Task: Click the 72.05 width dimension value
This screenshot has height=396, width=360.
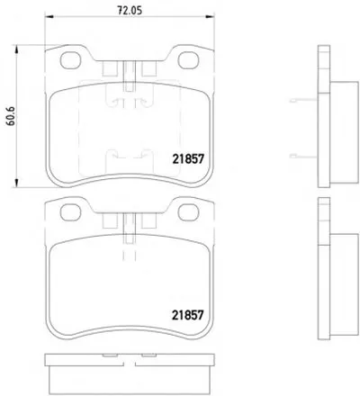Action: pyautogui.click(x=130, y=11)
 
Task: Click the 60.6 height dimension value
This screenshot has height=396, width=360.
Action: pyautogui.click(x=11, y=116)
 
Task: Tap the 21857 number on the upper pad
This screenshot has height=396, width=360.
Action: pyautogui.click(x=188, y=159)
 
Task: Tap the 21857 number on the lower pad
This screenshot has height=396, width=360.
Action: pyautogui.click(x=188, y=315)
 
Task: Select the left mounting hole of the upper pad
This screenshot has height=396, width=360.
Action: pyautogui.click(x=71, y=60)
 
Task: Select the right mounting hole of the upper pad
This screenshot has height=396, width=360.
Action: pyautogui.click(x=189, y=60)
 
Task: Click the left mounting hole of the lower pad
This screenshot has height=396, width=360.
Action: pyautogui.click(x=71, y=212)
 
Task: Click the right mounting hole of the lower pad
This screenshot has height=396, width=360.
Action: pyautogui.click(x=189, y=212)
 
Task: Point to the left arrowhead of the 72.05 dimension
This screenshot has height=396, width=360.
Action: pyautogui.click(x=49, y=16)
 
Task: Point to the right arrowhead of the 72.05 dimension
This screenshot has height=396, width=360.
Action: pyautogui.click(x=211, y=16)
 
